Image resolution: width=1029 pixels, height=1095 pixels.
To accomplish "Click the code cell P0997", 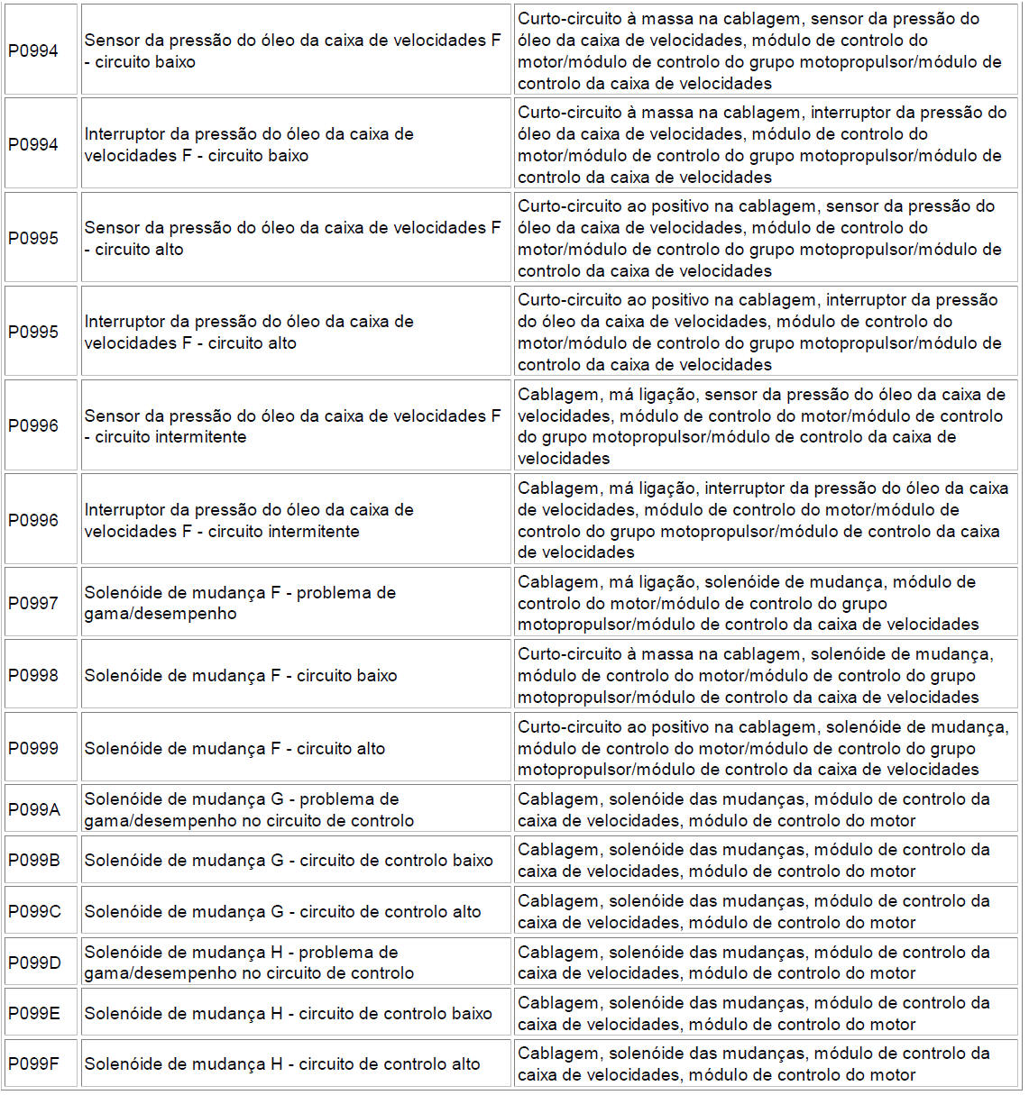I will (x=33, y=603).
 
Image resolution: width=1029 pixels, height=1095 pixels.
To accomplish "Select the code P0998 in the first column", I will (x=33, y=675).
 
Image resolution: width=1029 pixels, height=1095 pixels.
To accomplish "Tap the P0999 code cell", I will (x=33, y=748).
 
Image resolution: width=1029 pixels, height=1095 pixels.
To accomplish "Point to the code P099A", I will (x=34, y=809).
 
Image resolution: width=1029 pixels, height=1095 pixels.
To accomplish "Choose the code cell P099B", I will (x=34, y=860).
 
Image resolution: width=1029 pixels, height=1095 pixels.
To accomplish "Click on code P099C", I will (x=34, y=911).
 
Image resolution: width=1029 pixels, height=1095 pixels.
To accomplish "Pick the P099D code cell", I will (x=34, y=963).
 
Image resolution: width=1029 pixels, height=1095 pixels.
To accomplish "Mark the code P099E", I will (x=34, y=1013).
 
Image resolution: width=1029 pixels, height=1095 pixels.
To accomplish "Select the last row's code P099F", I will (x=34, y=1063).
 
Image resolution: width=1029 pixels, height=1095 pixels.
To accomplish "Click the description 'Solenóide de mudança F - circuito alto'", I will (x=234, y=748).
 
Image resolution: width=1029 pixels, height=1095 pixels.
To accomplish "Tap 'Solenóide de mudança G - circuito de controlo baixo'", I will (x=289, y=860).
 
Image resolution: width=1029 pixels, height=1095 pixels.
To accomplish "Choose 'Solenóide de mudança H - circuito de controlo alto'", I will (x=282, y=1063).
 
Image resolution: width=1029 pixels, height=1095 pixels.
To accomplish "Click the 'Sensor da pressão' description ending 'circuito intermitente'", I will (x=292, y=426).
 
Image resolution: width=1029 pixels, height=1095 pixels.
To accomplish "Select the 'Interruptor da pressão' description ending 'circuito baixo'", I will (x=249, y=144).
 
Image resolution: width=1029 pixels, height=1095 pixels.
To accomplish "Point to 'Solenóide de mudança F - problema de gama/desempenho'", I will (x=240, y=603).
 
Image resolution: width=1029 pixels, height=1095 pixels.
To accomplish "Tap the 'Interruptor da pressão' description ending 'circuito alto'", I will (x=249, y=332).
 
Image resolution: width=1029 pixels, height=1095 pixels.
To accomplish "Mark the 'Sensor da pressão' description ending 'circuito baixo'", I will (x=292, y=50).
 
